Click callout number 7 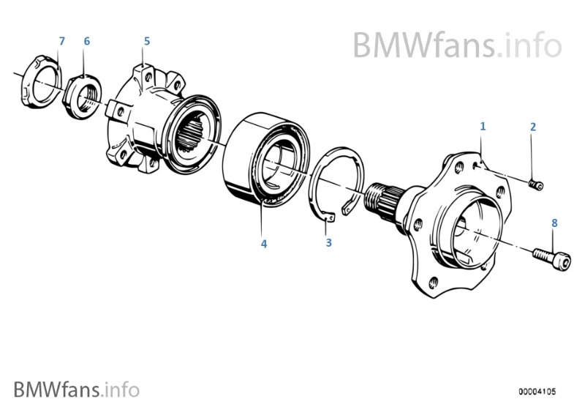[62, 41]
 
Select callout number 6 [87, 41]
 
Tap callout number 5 [147, 41]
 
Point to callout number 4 [264, 244]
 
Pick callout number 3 [328, 243]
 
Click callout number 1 [483, 126]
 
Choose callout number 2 [533, 127]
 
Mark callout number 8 [554, 223]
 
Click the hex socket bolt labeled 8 [552, 258]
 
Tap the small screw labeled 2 [537, 184]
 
